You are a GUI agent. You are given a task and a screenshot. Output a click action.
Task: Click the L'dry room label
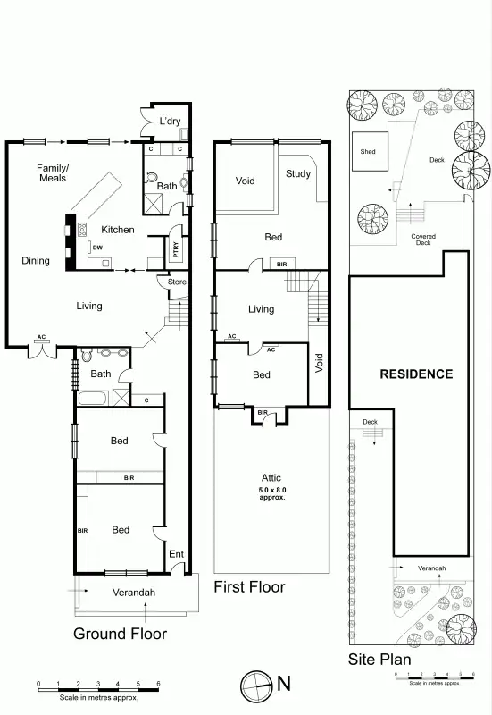171,122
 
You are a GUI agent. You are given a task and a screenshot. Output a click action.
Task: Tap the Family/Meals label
53,172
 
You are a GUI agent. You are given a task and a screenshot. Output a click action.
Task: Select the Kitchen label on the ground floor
117,230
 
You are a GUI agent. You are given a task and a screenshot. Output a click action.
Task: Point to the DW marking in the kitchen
96,247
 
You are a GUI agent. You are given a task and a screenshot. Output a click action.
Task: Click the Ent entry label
176,554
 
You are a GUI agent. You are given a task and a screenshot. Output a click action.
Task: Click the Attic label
272,478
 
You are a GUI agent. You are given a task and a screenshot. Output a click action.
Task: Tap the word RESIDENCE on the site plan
417,374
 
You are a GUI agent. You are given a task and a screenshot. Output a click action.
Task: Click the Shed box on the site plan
368,152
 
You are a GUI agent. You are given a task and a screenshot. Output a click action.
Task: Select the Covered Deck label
423,240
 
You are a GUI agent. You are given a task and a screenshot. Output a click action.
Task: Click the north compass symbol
255,684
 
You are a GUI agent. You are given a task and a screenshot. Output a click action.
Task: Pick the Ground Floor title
121,634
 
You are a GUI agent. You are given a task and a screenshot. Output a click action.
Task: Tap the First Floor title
249,587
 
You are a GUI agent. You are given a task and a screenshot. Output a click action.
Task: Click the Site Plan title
379,660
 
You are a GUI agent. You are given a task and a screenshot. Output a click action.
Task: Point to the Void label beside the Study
246,181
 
